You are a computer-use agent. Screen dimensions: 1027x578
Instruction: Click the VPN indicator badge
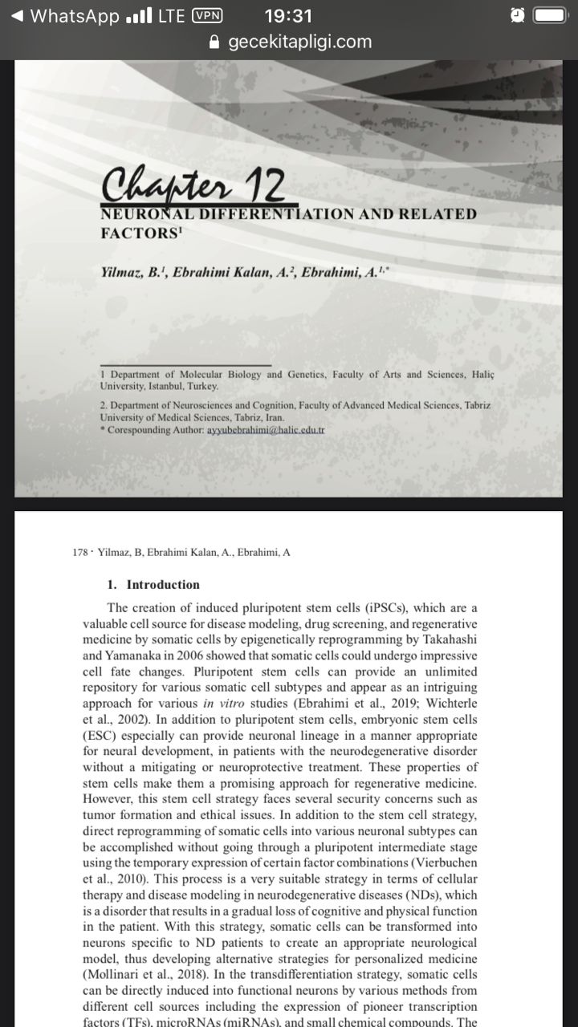[207, 16]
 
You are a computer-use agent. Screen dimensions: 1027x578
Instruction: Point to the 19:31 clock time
[288, 16]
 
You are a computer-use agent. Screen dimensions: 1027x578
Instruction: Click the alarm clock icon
[518, 16]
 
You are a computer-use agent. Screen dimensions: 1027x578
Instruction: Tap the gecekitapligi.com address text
[299, 42]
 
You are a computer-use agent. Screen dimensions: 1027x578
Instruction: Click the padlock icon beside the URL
[214, 42]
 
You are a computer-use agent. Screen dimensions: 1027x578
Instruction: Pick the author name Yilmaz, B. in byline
[133, 273]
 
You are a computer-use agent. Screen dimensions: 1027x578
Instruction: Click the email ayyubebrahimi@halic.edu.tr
[265, 431]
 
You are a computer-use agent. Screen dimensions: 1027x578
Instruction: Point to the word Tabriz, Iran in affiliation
[255, 418]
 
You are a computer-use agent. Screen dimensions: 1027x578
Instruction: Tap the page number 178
[79, 552]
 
